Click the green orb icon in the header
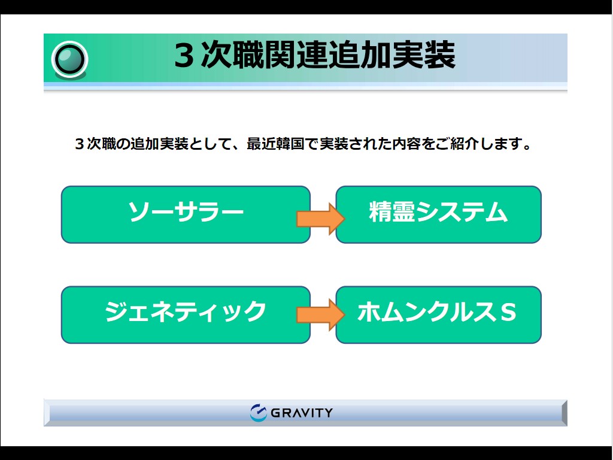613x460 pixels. tap(69, 60)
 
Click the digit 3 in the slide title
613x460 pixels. tap(184, 56)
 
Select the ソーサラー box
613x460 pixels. tap(186, 214)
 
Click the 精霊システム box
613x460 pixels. tap(439, 214)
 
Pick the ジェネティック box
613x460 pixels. tap(186, 315)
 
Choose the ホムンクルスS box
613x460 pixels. tap(439, 315)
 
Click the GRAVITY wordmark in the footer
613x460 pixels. tap(302, 413)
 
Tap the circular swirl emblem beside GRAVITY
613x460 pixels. tap(258, 413)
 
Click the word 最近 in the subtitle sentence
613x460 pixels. tap(261, 144)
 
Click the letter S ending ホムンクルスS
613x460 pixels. tap(508, 311)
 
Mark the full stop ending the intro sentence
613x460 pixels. tap(527, 147)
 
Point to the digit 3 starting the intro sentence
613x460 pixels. tap(80, 144)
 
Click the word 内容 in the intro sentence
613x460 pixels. tap(406, 144)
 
